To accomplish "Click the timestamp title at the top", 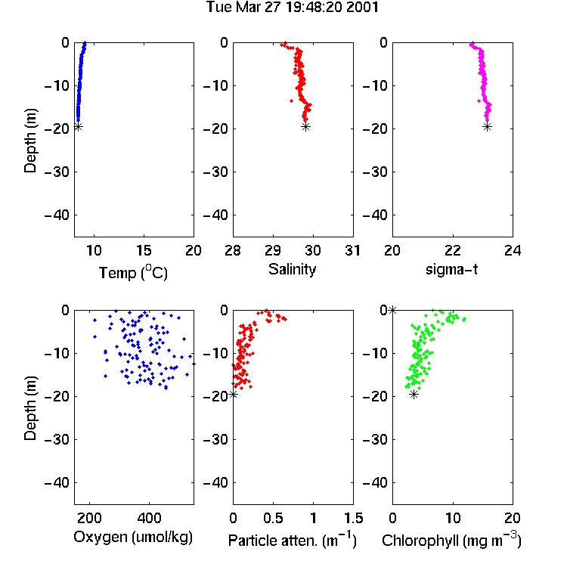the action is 292,7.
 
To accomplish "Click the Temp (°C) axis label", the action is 133,272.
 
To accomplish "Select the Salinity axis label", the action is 292,269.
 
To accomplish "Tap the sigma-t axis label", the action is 451,269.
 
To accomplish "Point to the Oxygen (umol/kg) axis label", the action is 133,537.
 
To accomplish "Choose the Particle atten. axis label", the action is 293,540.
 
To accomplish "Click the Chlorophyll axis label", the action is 451,540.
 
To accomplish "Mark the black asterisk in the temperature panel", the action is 78,126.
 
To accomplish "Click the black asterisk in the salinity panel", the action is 306,126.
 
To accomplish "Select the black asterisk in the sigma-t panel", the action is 487,126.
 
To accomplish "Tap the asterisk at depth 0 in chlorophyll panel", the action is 392,310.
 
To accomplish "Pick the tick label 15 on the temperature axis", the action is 144,250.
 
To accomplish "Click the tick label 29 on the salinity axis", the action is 273,250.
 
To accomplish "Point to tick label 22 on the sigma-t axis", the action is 453,250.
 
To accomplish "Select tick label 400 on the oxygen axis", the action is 149,518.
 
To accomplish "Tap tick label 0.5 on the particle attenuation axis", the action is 273,518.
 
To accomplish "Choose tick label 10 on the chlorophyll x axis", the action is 453,518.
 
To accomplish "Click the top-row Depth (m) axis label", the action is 30,141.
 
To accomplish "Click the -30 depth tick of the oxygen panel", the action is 57,439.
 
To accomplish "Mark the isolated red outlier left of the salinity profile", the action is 292,101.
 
